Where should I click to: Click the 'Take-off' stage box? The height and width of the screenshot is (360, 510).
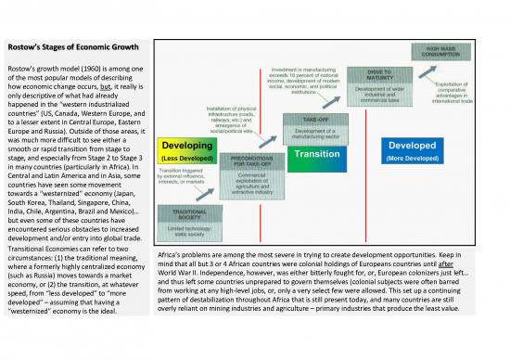point(313,126)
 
